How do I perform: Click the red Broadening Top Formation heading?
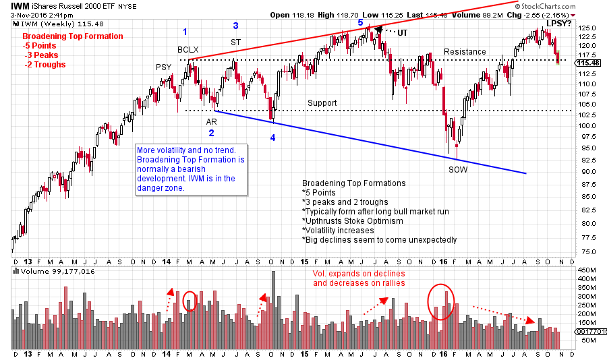point(72,36)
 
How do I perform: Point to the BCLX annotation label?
point(188,50)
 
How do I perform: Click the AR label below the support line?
point(211,121)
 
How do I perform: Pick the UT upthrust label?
point(402,32)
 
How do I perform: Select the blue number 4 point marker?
point(273,138)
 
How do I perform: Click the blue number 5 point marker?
point(360,22)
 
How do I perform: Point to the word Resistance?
point(465,52)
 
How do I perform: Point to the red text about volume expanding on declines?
point(358,278)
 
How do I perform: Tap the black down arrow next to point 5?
point(379,30)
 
